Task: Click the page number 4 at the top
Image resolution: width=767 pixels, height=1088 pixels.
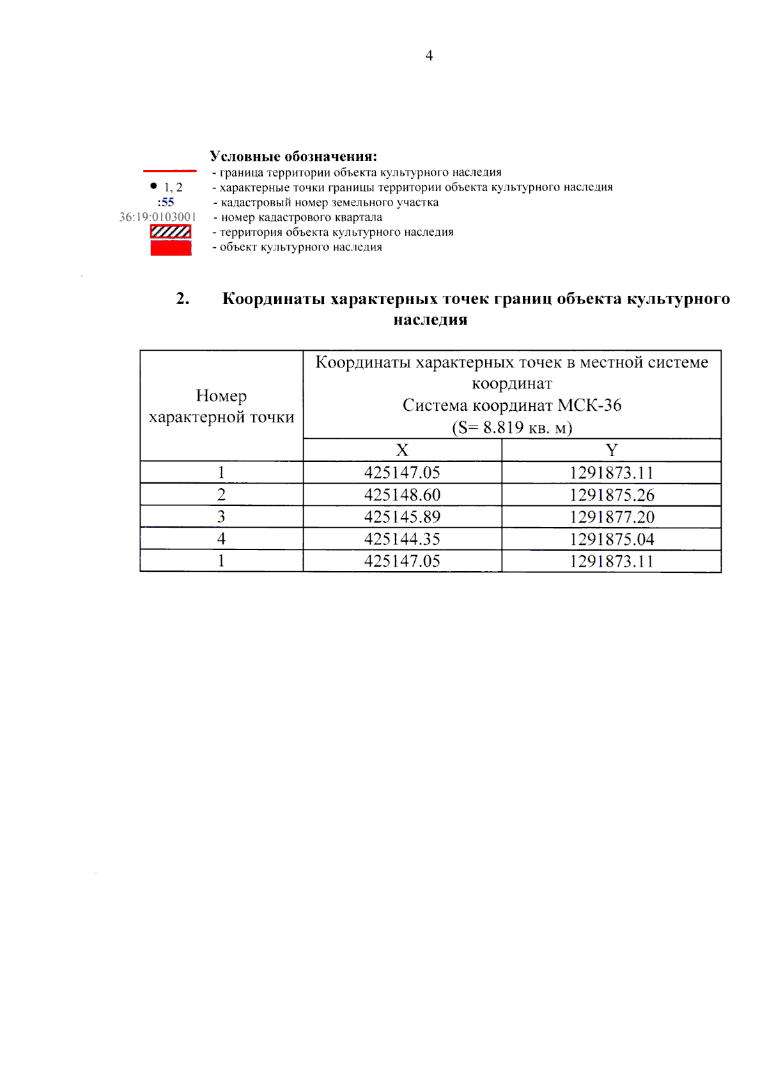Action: (x=429, y=56)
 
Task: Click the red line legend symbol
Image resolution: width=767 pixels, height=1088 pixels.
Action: (x=169, y=171)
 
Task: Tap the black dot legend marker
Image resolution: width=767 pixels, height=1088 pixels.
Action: (x=153, y=186)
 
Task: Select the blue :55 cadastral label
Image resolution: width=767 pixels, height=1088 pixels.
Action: (x=166, y=202)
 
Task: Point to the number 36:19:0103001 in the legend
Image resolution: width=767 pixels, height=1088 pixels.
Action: (x=157, y=217)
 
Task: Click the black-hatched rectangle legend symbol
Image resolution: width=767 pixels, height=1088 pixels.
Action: (x=171, y=232)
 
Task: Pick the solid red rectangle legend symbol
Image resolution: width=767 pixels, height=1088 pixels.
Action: (x=171, y=248)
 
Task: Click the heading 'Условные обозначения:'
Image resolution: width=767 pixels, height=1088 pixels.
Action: (x=293, y=156)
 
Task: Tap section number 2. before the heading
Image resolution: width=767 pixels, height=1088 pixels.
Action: (x=183, y=298)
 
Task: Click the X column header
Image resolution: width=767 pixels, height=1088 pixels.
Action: (x=402, y=450)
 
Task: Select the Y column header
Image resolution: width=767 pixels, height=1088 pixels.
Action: (x=612, y=450)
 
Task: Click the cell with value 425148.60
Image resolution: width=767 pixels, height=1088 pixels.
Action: (x=402, y=494)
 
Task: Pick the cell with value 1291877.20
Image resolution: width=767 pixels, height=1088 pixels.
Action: (x=612, y=517)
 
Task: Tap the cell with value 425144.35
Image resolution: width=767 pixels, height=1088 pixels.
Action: (x=402, y=539)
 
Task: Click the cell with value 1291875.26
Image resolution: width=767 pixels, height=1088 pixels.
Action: (x=612, y=494)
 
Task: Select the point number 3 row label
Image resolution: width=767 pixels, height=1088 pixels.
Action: (x=221, y=516)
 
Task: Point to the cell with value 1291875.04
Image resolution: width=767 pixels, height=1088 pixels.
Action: (x=612, y=539)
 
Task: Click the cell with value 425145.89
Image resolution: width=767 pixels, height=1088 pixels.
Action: (x=402, y=517)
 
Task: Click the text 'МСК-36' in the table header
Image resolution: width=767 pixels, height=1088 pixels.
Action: (x=589, y=405)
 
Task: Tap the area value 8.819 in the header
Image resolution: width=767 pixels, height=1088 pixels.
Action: (x=503, y=427)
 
